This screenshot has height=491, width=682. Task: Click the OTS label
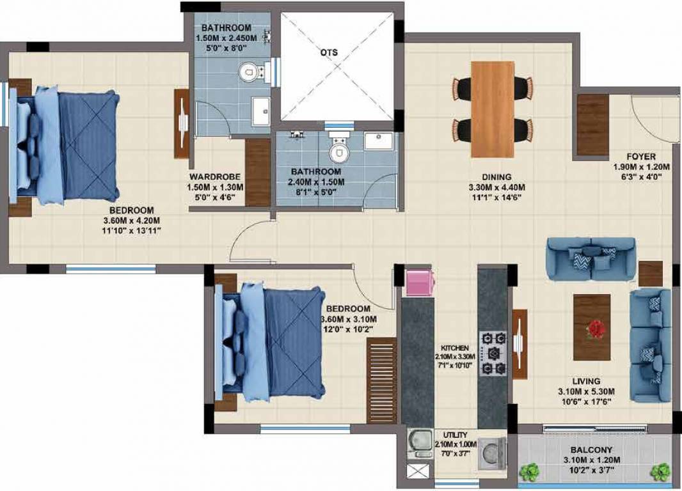329,52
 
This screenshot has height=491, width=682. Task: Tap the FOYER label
640,157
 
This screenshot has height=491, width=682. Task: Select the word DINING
496,177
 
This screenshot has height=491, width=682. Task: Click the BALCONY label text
591,450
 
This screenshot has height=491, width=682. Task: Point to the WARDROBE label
215,177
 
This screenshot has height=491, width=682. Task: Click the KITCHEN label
455,348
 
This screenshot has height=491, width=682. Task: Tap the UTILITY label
456,435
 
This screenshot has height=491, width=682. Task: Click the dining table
493,109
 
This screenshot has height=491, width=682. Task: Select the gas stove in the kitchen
493,353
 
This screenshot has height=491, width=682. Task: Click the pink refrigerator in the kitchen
420,283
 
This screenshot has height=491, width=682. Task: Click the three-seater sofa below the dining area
591,259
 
